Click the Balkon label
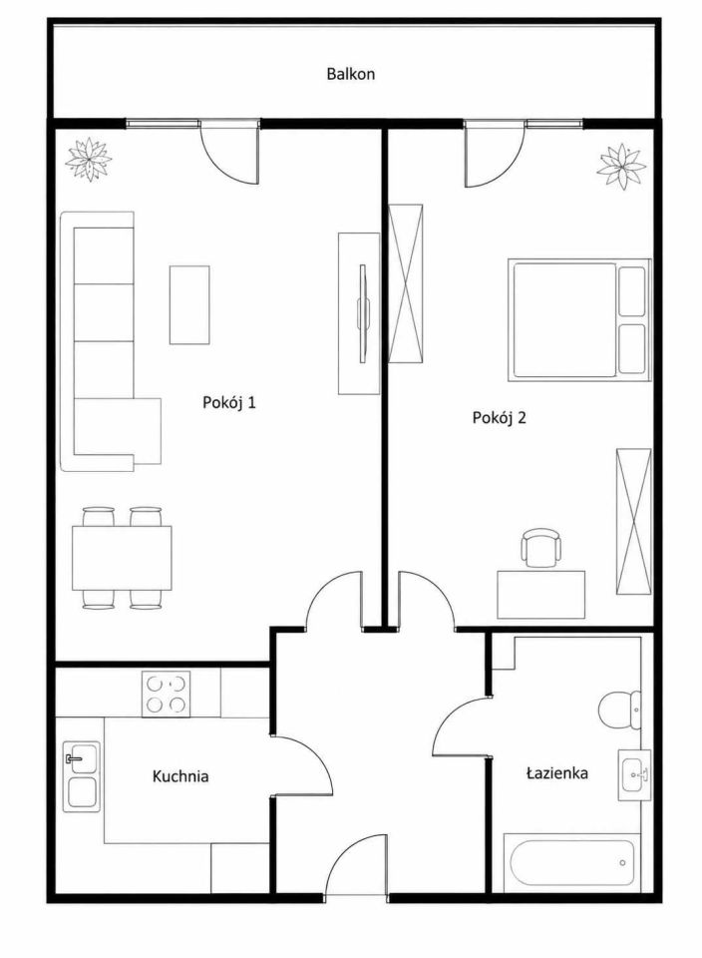(x=350, y=75)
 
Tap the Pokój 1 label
(x=229, y=402)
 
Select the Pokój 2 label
(x=499, y=418)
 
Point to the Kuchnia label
(x=180, y=776)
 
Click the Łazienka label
(x=556, y=772)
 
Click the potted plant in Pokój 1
(x=89, y=160)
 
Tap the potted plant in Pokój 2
(x=622, y=166)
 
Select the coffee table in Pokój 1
(x=189, y=304)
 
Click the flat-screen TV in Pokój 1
(x=364, y=312)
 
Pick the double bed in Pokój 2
(x=577, y=319)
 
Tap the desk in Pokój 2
(x=540, y=595)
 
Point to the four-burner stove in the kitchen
(x=167, y=695)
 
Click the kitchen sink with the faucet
(x=81, y=776)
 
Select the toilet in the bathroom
(x=619, y=710)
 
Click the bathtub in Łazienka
(x=571, y=862)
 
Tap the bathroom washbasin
(x=634, y=774)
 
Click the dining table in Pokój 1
(x=122, y=558)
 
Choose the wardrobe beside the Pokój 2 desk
(x=633, y=521)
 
